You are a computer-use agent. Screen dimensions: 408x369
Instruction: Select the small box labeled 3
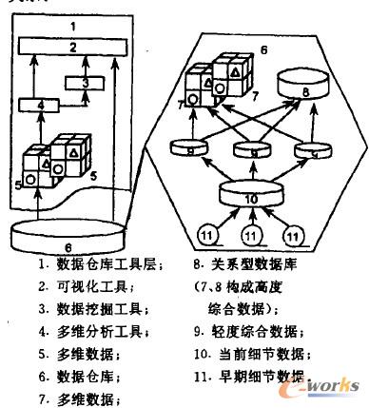[x=85, y=82]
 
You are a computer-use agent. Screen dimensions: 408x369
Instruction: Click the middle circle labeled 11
[x=249, y=232]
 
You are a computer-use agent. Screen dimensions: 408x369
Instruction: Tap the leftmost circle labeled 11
[x=206, y=232]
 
